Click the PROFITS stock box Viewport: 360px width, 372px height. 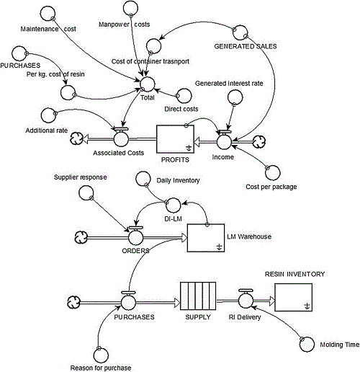coord(177,138)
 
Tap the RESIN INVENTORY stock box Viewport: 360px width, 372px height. coord(292,296)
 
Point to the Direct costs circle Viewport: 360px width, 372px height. coord(184,95)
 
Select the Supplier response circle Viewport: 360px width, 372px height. coord(86,192)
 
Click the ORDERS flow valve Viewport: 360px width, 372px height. coord(135,236)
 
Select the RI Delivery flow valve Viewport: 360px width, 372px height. coord(245,297)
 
